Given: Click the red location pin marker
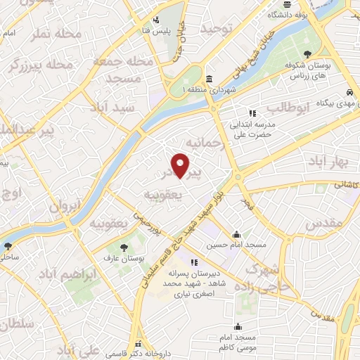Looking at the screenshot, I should point(181,165).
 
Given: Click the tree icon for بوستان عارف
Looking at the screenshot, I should point(124,247).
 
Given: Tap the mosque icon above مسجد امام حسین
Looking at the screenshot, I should point(237,234).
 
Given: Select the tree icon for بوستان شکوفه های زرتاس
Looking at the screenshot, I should point(307,53).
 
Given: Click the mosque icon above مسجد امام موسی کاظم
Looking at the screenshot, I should point(238,327).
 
